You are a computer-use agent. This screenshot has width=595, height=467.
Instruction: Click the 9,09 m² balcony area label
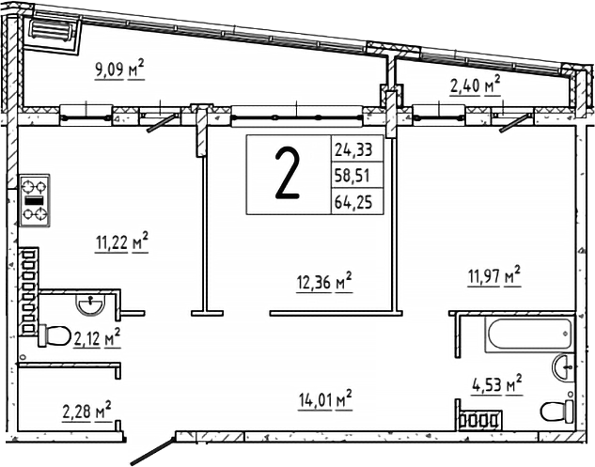click(x=119, y=69)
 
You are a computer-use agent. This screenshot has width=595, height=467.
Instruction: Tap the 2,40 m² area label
click(x=475, y=85)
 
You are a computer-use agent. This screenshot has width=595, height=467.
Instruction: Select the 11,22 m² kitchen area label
click(x=121, y=241)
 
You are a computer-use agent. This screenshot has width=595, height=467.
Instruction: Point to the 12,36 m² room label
click(x=324, y=282)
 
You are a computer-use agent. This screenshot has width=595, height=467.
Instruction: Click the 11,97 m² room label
click(x=494, y=276)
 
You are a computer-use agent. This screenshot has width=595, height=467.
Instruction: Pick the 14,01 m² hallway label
click(x=325, y=399)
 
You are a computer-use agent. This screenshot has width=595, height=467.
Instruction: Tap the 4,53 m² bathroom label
click(x=496, y=384)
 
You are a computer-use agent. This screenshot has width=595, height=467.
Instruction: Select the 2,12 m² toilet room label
click(x=97, y=337)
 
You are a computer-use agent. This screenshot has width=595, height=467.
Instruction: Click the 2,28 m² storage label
click(x=86, y=411)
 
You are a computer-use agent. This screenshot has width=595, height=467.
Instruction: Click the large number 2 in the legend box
click(x=288, y=173)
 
